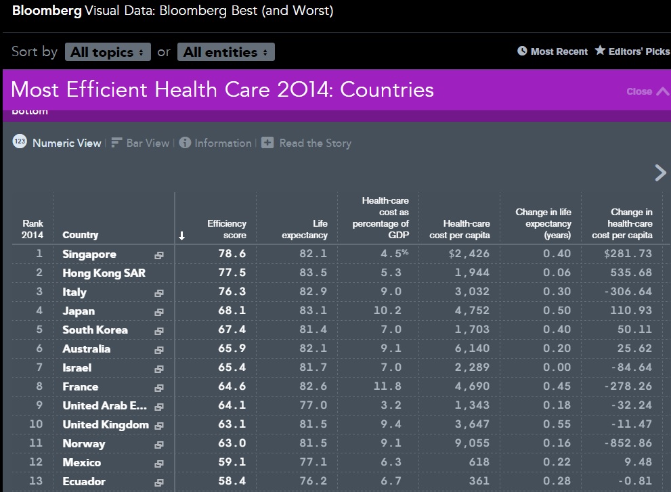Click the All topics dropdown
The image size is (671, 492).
coord(108,51)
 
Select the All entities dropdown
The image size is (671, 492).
coord(226,51)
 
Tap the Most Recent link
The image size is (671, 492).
coord(553,51)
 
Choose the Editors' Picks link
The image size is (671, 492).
coord(632,51)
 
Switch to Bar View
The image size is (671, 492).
coord(140,143)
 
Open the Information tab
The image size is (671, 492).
coord(215,143)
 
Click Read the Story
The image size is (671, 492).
coord(307,143)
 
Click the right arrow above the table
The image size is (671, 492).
coord(661,173)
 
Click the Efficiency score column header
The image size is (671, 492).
coord(227,229)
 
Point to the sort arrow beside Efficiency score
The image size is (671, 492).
coord(182,236)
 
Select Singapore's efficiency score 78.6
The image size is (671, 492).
coord(232,254)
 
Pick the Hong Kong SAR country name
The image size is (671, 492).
coord(104,273)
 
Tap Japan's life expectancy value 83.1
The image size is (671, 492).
coord(313,310)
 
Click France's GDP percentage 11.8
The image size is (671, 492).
coord(387,386)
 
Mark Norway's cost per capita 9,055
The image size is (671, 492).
coord(472,443)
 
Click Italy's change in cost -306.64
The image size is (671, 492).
coord(628,292)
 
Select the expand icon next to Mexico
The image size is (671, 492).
coord(158,464)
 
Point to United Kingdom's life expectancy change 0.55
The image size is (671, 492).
coord(557,424)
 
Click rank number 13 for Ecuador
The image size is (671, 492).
coord(36,481)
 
